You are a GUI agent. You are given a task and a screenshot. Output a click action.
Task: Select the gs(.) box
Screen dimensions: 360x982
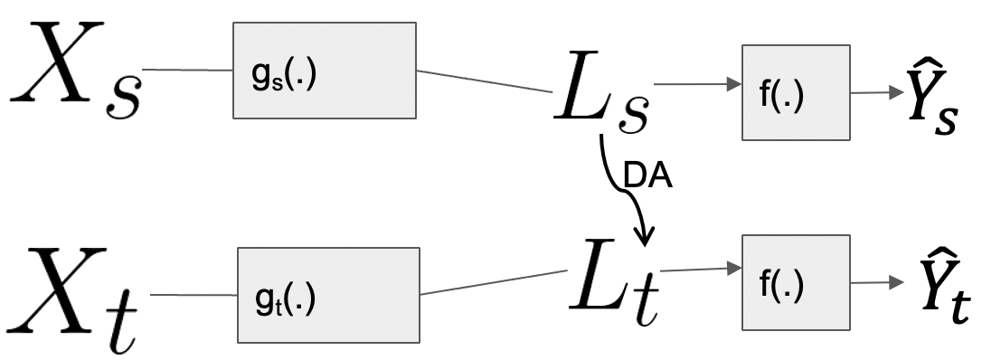click(324, 71)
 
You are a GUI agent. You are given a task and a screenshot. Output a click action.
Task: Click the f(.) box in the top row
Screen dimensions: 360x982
click(796, 93)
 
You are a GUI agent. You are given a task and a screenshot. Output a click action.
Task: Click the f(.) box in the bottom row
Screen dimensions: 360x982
click(795, 283)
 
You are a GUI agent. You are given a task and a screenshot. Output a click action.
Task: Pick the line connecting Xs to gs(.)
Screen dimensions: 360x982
click(187, 69)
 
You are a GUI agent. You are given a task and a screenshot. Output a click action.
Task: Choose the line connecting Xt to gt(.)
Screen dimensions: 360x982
click(193, 295)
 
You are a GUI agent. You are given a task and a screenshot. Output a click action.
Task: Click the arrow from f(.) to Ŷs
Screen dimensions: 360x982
click(873, 93)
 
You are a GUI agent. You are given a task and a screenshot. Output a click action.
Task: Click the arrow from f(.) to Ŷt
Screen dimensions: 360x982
click(878, 283)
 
